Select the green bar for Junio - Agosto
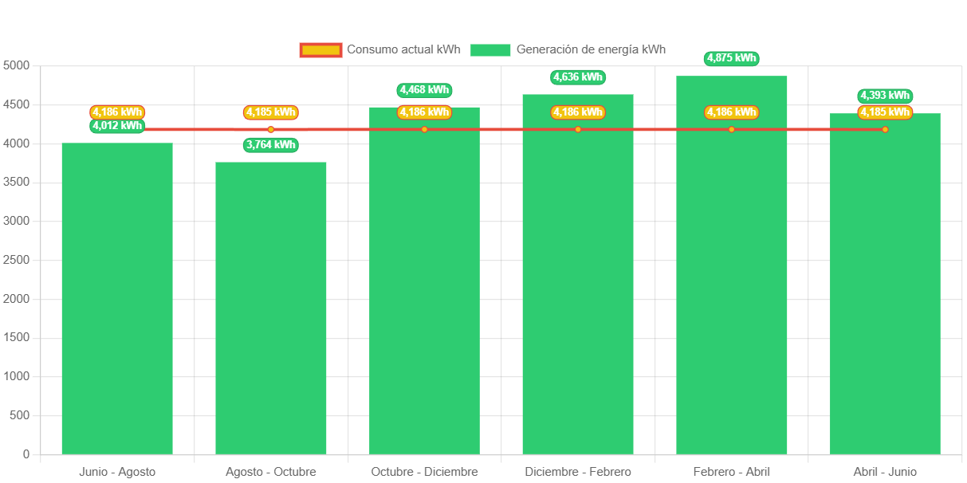[117, 299]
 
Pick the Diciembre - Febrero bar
[578, 274]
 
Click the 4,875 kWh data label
[732, 58]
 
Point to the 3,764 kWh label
[271, 144]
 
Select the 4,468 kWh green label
[424, 90]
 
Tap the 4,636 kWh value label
[578, 77]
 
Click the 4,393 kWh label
[885, 96]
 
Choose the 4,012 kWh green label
[117, 126]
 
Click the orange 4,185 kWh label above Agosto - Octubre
[271, 112]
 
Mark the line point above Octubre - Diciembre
[424, 129]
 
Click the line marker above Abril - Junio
[885, 129]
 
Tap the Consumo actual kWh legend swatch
[320, 50]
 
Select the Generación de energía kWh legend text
[591, 49]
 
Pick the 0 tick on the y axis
[26, 454]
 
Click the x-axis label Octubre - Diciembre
[424, 472]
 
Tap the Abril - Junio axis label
[885, 472]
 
